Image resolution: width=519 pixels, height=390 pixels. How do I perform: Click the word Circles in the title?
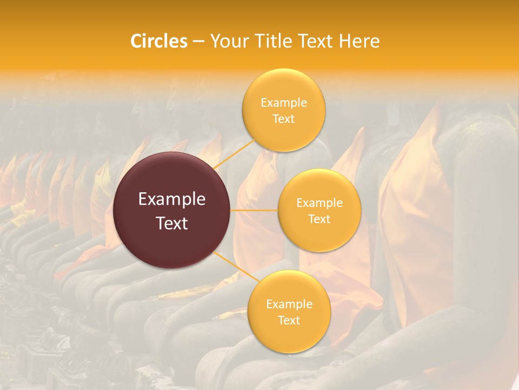click(158, 41)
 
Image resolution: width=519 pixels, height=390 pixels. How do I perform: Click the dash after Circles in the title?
click(198, 42)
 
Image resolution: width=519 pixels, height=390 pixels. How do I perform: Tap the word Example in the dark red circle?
click(172, 199)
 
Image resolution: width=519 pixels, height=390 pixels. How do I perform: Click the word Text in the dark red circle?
click(172, 223)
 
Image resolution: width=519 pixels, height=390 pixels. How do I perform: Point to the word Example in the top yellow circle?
click(284, 103)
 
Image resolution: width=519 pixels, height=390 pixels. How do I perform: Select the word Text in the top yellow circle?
click(284, 119)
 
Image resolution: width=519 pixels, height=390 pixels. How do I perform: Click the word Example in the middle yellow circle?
click(320, 203)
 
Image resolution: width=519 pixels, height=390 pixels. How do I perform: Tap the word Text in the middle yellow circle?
click(320, 219)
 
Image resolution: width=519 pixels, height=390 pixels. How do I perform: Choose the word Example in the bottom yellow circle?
click(289, 304)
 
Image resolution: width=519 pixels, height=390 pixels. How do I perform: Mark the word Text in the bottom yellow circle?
click(289, 320)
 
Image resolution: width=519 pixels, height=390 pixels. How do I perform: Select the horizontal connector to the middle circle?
click(254, 210)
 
